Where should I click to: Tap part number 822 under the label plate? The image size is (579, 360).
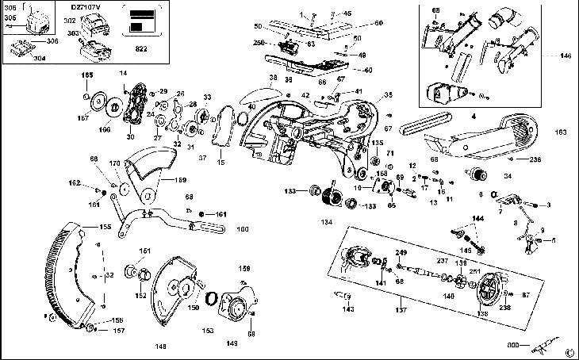[x=142, y=48]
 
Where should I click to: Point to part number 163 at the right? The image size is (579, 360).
[x=561, y=132]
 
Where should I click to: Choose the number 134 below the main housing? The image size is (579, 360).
[x=326, y=223]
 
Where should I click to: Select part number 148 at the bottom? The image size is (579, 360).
[x=162, y=346]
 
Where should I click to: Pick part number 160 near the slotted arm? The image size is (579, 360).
[x=243, y=229]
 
